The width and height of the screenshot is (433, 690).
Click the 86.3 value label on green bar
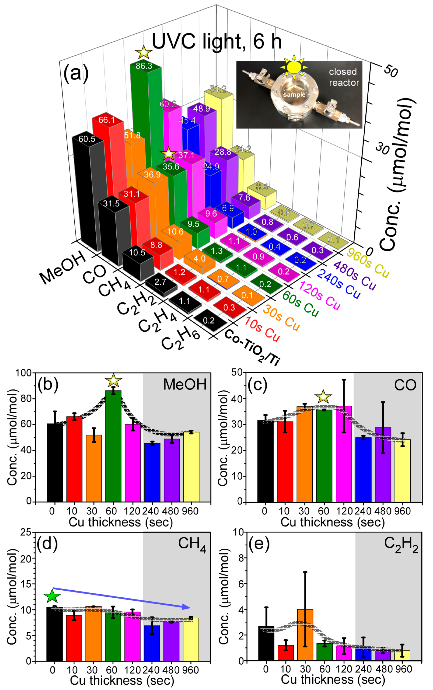pyautogui.click(x=144, y=66)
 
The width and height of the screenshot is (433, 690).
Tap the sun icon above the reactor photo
pyautogui.click(x=294, y=67)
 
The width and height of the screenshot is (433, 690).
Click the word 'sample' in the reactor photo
pyautogui.click(x=294, y=95)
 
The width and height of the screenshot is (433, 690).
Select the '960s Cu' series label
pyautogui.click(x=368, y=263)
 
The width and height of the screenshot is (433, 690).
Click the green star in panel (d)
pyautogui.click(x=52, y=597)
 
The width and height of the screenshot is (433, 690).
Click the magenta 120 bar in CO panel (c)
pyautogui.click(x=344, y=454)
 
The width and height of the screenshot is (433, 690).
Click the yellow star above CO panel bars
pyautogui.click(x=323, y=397)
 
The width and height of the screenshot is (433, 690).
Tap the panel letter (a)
pyautogui.click(x=76, y=73)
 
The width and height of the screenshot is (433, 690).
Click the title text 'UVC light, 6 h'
pyautogui.click(x=216, y=42)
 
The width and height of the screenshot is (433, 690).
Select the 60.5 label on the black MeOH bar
pyautogui.click(x=87, y=139)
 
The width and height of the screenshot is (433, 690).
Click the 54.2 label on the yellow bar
pyautogui.click(x=218, y=89)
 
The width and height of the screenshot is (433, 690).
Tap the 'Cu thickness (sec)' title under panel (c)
pyautogui.click(x=332, y=522)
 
